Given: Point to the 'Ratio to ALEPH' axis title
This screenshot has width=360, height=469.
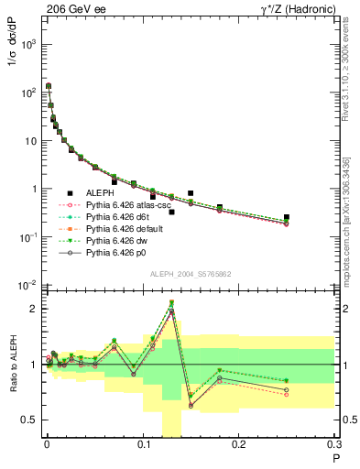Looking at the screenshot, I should (x=12, y=364).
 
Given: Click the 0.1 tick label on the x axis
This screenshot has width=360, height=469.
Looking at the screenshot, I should (x=143, y=447).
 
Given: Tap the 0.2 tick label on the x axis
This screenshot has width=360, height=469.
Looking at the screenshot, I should (x=239, y=447).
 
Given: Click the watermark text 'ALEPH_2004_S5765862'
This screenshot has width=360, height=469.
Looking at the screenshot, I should (x=191, y=275).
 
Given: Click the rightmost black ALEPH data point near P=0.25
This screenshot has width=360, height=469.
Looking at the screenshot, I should (x=287, y=217).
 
